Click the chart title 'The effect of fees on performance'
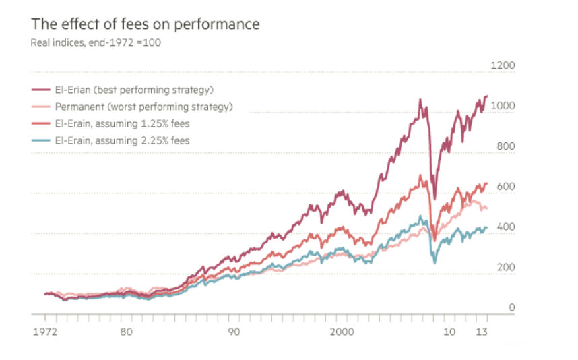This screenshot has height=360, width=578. coord(145,24)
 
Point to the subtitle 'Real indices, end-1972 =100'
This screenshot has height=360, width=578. coord(96,42)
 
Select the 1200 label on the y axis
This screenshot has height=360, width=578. coord(503,66)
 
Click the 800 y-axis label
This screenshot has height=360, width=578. coord(505,147)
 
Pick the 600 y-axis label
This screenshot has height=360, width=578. coord(505,187)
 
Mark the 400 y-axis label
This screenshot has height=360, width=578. coord(505,228)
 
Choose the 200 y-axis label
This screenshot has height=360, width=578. coord(505,268)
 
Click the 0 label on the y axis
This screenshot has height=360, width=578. coord(511,308)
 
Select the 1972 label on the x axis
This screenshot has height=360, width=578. coord(44,332)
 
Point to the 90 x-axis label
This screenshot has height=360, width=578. coord(233,332)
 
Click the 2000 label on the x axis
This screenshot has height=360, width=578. coord(342,332)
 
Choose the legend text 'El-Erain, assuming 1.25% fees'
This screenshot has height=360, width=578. coord(131,123)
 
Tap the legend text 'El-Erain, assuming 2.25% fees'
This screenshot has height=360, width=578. coord(131,140)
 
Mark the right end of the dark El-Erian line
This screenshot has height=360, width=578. coord(486,96)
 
